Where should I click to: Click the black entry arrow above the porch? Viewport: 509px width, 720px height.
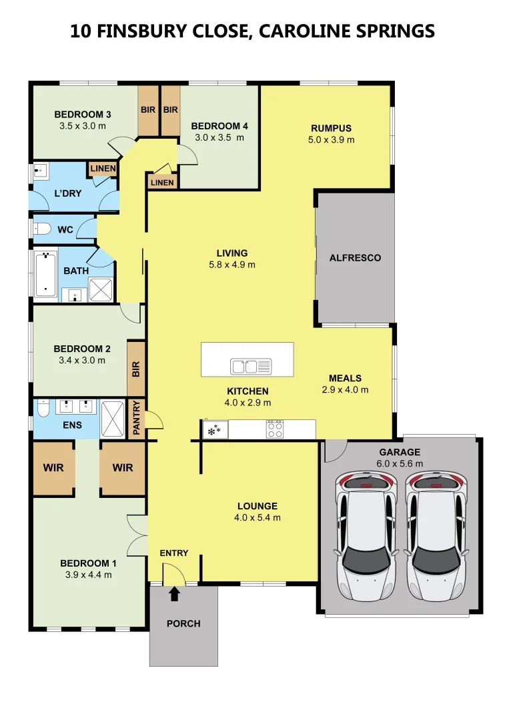coord(174,594)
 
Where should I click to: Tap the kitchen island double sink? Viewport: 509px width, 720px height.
coord(251,367)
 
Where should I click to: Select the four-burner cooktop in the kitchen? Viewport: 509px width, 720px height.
coord(275,429)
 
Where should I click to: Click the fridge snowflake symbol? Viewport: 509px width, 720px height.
coord(214,430)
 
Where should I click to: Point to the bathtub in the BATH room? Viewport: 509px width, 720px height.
coord(46,273)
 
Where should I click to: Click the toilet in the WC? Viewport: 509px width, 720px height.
coord(42,228)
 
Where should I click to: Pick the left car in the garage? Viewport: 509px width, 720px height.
coord(366,535)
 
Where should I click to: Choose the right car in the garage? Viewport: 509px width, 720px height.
coord(436,535)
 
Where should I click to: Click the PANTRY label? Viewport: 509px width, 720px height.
coord(137,417)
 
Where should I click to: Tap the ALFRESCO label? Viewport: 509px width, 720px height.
coord(355,258)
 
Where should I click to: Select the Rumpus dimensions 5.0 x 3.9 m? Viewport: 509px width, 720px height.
coord(332,139)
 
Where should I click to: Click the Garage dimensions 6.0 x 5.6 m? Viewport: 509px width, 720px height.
coord(400,464)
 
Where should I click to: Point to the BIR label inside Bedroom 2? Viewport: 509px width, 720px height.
coord(136,369)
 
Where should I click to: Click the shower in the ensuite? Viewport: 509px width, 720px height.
coord(112,419)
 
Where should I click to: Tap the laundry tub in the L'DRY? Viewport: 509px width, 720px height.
coord(41,171)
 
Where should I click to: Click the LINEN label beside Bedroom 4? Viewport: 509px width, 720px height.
coord(162,183)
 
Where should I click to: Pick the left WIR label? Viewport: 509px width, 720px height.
coord(53,468)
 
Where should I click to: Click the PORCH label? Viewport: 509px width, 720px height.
coord(183,623)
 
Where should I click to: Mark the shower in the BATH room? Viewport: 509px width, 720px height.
coord(101,289)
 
